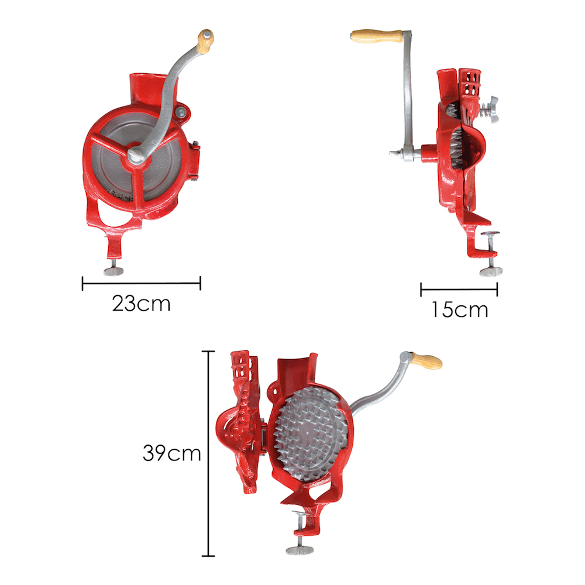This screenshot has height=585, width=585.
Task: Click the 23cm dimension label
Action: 141,304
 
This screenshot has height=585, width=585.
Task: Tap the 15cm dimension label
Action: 460,309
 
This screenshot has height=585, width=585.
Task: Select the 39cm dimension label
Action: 171,453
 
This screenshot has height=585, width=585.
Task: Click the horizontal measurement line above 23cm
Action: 141,284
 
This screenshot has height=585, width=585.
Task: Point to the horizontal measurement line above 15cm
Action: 459,288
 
